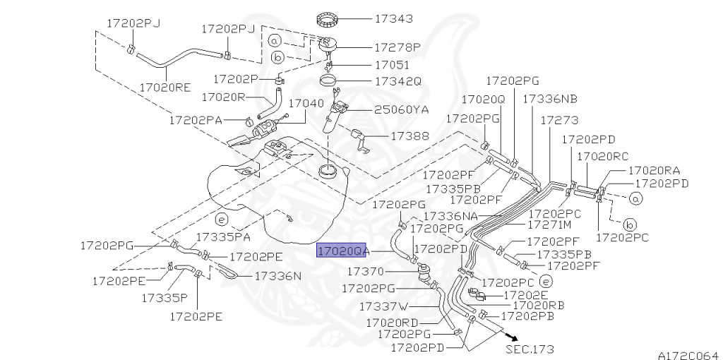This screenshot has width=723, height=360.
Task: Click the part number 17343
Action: point(394,19)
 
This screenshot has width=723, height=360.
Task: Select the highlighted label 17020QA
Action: point(341,251)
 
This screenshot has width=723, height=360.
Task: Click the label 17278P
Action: point(398,47)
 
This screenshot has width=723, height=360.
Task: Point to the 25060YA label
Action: point(401,109)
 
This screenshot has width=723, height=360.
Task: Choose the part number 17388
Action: point(410,136)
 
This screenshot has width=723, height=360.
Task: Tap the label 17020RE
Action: point(165,87)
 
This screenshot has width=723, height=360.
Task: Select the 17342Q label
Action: point(398,82)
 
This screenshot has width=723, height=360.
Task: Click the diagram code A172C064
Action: point(688,355)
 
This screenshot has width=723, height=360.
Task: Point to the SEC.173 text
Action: point(530,349)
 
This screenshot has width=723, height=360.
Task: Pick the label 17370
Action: point(365,272)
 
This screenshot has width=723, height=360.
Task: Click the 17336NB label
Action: point(550,99)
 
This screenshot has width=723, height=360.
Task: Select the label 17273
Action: point(559,120)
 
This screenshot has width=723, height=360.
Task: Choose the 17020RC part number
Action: point(603,156)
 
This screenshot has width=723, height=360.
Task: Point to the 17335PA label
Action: point(223,237)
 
